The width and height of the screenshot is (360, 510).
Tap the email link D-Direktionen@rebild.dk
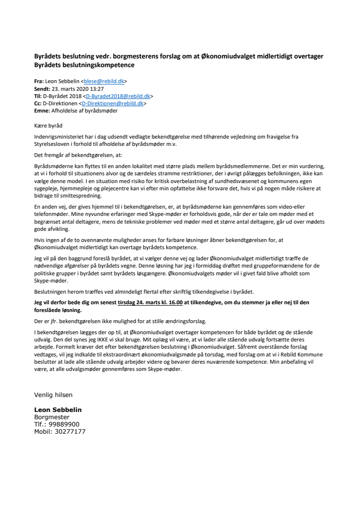pos(112,103)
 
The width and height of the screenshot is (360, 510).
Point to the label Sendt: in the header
pos(42,89)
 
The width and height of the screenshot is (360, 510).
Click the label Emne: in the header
pos(43,110)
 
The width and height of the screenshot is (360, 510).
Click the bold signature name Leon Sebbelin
pos(58,410)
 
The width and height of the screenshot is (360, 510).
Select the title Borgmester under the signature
pos(52,417)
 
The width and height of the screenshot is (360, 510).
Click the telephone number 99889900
pos(68,424)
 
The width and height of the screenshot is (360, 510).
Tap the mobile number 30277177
pos(70,431)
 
